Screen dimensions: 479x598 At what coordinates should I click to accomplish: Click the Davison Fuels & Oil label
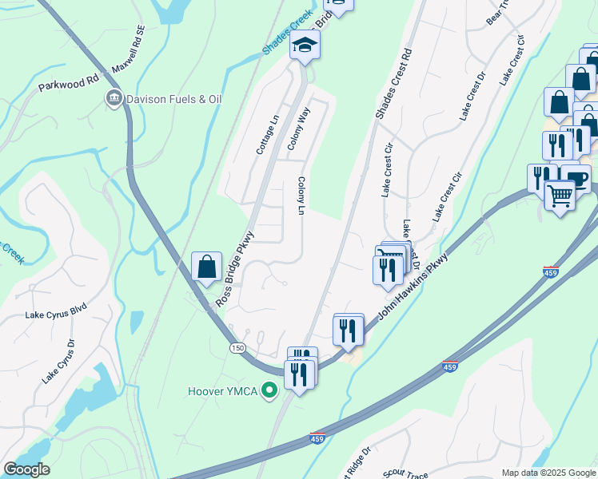(173, 99)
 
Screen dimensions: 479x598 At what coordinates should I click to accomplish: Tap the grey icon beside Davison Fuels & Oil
(114, 99)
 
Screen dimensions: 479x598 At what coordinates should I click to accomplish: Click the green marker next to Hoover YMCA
(270, 391)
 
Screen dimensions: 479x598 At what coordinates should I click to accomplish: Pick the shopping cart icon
(560, 194)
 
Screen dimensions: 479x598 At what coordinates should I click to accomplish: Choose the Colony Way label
(298, 129)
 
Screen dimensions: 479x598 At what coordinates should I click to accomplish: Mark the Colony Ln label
(301, 196)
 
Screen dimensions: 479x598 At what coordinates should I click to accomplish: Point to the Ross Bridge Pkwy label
(234, 269)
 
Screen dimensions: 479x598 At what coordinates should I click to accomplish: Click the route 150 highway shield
(237, 348)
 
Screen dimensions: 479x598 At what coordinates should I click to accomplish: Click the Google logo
(26, 469)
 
